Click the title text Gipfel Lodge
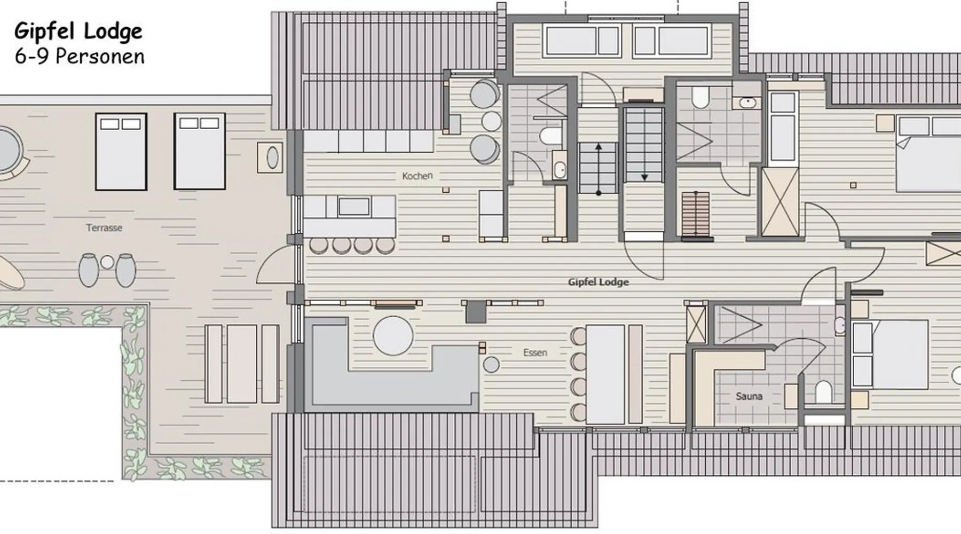point(78,32)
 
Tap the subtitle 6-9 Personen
point(80,56)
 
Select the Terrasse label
point(104,227)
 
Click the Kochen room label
point(417,176)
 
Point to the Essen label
point(535,352)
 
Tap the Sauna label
point(749,396)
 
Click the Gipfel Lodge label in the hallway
point(598,282)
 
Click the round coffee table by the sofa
point(393,336)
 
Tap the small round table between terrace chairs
point(107,262)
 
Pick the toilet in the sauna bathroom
point(823,392)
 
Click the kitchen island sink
point(354,207)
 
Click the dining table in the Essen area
point(605,374)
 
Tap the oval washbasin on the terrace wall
point(272,158)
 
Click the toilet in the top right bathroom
point(699,97)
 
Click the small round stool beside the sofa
point(491,365)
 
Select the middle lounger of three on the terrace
point(241,363)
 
